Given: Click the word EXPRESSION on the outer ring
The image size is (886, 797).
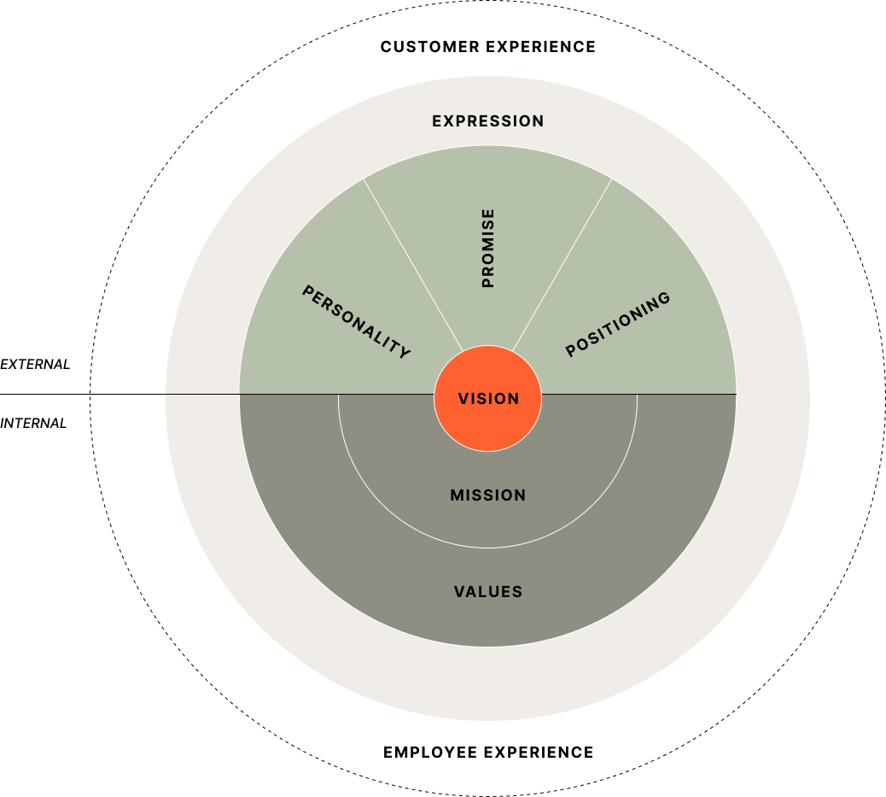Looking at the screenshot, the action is (x=487, y=121).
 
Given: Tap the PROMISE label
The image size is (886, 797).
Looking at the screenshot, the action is (x=488, y=248).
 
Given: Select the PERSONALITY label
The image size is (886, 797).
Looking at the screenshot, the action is (x=356, y=322).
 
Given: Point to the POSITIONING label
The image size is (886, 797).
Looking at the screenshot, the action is (x=618, y=325).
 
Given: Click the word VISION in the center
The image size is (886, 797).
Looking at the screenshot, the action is (x=488, y=399).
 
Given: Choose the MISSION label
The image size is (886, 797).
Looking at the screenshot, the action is (x=488, y=495).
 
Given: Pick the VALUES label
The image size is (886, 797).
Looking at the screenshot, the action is (x=488, y=592).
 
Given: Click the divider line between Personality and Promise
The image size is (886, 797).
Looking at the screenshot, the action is (x=413, y=264).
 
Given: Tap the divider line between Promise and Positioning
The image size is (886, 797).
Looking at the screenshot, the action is (x=562, y=264).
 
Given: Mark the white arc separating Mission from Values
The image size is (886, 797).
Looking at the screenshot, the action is (x=488, y=548).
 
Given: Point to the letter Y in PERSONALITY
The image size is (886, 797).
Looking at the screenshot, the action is (x=405, y=353).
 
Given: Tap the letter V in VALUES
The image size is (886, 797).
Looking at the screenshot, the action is (x=459, y=592).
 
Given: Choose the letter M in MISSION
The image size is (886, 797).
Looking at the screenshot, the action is (x=457, y=495).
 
